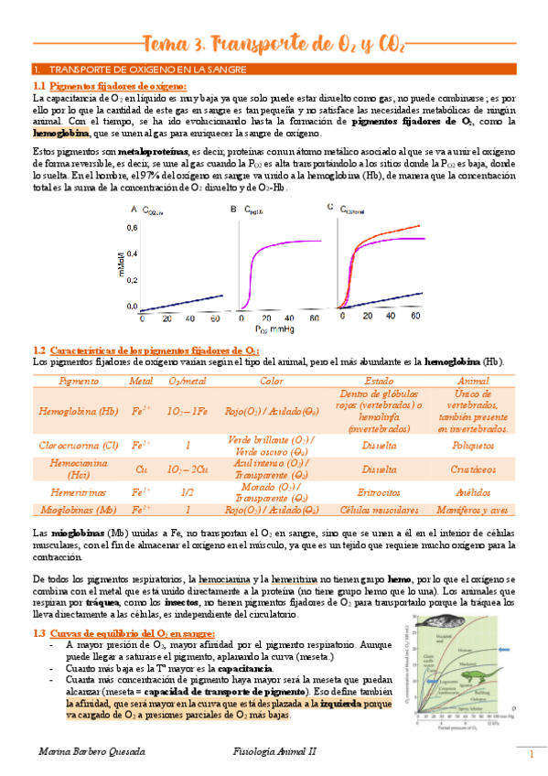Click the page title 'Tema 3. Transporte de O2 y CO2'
coord(274,43)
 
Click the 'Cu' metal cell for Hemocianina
coord(141,469)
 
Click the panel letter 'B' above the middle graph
coord(233,210)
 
